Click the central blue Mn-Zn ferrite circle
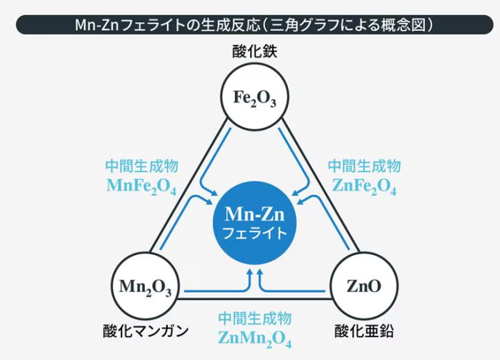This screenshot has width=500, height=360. [255, 222]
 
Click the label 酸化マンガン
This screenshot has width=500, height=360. [145, 331]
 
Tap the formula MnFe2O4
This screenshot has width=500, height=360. [141, 186]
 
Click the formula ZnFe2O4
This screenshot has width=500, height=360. [364, 186]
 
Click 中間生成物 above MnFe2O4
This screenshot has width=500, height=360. [141, 166]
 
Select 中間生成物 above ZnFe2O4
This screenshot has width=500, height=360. [364, 166]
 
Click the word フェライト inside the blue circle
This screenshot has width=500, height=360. [255, 233]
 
